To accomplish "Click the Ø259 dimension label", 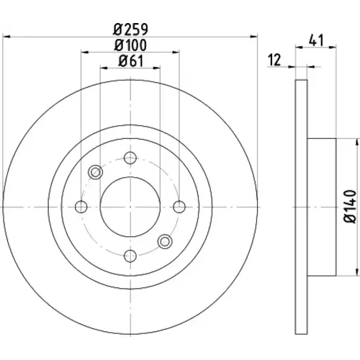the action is coord(131,30).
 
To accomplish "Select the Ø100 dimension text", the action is coord(130,45).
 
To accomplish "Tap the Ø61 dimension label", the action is coord(131,61).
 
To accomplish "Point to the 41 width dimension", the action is coord(316,40).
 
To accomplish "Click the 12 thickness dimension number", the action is coord(274,60).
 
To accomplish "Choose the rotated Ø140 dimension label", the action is coord(350,207).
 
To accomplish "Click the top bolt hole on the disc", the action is coord(130,158).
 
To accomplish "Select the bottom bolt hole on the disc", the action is coord(130,256).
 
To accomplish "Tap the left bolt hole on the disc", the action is coord(81,207).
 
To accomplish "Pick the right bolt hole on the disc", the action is coord(179,207).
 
